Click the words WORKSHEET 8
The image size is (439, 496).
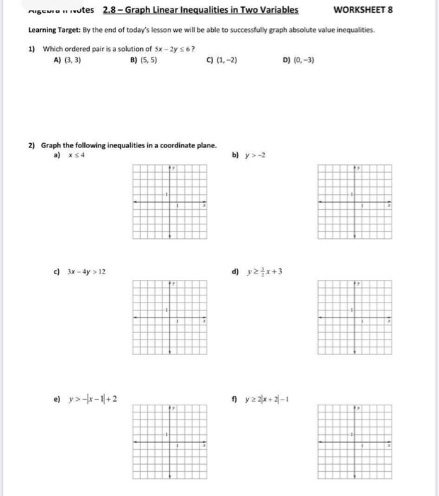(363, 10)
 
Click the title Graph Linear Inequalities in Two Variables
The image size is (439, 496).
(200, 10)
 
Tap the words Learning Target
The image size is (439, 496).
(53, 30)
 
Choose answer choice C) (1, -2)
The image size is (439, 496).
(222, 60)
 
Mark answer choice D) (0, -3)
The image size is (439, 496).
(298, 60)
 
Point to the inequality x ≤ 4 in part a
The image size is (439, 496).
(77, 155)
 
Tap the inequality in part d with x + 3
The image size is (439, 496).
(266, 271)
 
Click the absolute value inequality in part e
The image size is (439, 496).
(91, 399)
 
